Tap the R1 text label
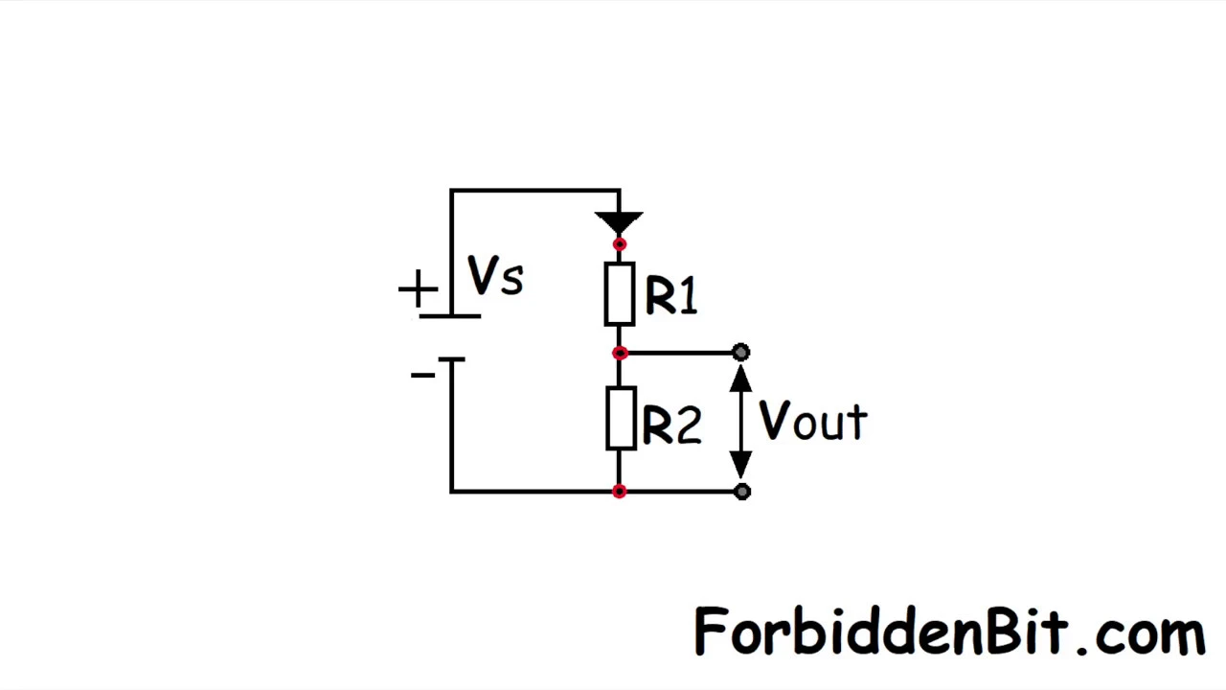[x=671, y=295]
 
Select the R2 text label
[x=672, y=424]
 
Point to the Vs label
[x=495, y=275]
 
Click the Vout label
[x=813, y=420]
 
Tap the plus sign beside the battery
[x=419, y=288]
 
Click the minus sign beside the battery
[x=422, y=375]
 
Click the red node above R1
[x=620, y=244]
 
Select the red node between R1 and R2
[x=620, y=354]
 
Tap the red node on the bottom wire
[x=620, y=492]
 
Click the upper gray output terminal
[x=741, y=352]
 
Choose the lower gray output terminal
[x=742, y=492]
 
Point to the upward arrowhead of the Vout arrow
[x=741, y=379]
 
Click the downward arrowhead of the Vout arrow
[x=741, y=465]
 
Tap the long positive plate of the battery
[x=450, y=316]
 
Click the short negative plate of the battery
[x=451, y=359]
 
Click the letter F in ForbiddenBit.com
[x=710, y=630]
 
